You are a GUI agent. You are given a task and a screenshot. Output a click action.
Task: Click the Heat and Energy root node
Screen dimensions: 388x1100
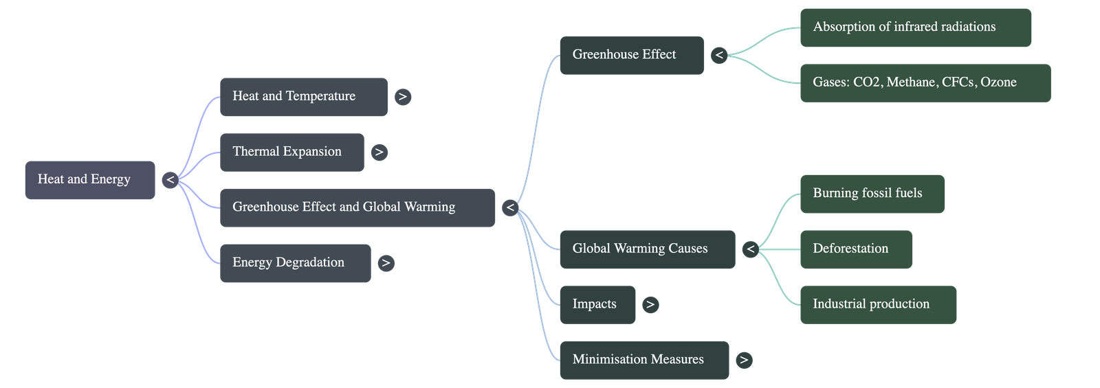tap(90, 180)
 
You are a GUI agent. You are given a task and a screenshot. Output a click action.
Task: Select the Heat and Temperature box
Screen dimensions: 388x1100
tap(303, 97)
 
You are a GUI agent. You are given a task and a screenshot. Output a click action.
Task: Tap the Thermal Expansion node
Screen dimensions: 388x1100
tap(291, 152)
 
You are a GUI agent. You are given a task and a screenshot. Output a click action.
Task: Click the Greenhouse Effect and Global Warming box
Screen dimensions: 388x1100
tap(357, 207)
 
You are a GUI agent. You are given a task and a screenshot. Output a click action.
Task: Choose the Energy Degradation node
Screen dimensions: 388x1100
tap(295, 263)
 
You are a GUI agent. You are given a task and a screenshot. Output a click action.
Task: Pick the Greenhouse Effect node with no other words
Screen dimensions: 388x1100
tap(631, 55)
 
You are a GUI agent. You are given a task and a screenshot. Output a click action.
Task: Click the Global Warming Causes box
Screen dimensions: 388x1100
tap(647, 249)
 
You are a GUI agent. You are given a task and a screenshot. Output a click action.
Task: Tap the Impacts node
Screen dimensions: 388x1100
tap(597, 304)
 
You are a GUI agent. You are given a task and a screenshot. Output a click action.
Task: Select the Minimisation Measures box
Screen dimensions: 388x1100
tap(643, 360)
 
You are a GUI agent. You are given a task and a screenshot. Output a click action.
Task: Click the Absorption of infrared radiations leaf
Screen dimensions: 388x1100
tap(915, 27)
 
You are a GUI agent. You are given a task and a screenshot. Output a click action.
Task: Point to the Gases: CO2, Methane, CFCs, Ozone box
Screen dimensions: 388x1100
tap(925, 83)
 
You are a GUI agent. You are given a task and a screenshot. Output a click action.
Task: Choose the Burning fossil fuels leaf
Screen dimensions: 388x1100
tap(872, 194)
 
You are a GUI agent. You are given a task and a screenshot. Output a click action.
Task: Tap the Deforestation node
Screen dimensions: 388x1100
tap(856, 249)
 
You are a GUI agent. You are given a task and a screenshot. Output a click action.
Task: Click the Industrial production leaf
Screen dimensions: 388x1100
tap(877, 304)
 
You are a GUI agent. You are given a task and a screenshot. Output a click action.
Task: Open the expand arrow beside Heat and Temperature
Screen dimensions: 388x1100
tap(403, 97)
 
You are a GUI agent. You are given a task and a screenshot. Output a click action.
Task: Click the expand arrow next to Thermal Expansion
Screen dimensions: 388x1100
tap(379, 152)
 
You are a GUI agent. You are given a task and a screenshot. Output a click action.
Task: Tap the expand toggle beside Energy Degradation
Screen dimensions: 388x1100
tap(386, 263)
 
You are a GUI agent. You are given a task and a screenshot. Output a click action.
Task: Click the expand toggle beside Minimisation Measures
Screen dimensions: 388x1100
tap(744, 360)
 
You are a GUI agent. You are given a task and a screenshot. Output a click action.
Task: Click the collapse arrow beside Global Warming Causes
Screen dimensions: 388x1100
tap(751, 249)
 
